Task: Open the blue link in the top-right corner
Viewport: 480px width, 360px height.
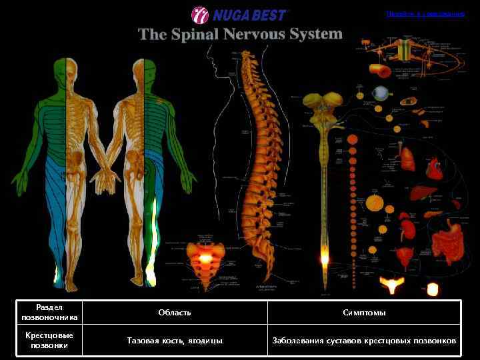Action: tap(425, 13)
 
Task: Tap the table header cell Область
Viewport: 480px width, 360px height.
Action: tap(175, 312)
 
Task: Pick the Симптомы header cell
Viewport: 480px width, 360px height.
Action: tap(364, 312)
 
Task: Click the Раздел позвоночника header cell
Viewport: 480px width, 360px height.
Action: tap(49, 312)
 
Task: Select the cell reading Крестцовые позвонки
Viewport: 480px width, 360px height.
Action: tap(49, 340)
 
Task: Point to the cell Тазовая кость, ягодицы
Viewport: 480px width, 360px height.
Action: tap(175, 340)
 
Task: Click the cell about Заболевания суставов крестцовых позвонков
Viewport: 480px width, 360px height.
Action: tap(364, 340)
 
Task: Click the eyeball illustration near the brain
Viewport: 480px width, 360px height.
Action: tap(380, 93)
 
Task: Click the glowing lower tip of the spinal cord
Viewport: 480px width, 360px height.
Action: tap(325, 257)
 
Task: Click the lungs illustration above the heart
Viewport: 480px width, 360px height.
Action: tap(408, 157)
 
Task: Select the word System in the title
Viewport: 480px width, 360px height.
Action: tap(318, 33)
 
